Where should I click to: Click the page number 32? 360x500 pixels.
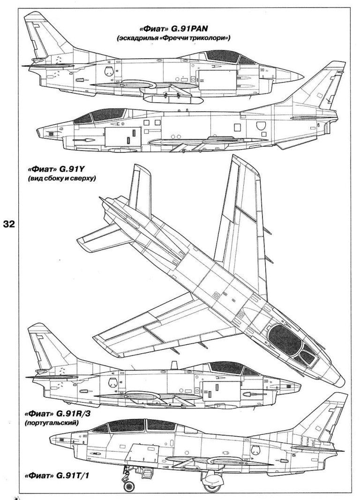pos(9,224)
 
